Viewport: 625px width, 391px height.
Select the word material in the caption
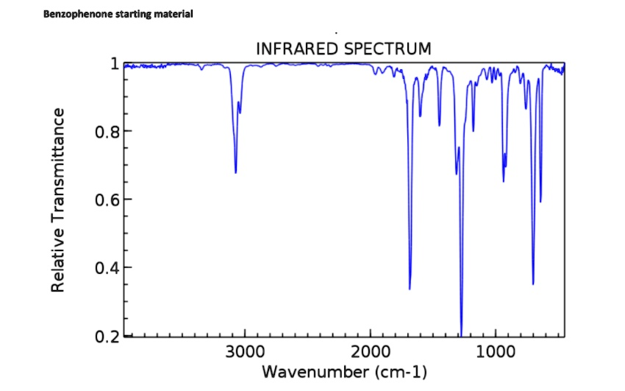(x=172, y=14)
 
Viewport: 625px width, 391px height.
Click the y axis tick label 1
(x=114, y=63)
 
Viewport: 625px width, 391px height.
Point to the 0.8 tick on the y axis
(x=107, y=132)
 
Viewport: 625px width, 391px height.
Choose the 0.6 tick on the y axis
(x=107, y=200)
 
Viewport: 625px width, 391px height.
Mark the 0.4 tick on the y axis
(x=107, y=267)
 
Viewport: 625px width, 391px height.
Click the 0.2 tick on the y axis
(x=107, y=336)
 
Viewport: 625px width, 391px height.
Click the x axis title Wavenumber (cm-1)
(x=344, y=372)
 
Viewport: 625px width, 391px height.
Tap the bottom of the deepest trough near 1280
(x=461, y=334)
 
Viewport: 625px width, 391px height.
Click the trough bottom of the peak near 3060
(x=235, y=172)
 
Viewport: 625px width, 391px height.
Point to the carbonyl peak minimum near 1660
(x=410, y=289)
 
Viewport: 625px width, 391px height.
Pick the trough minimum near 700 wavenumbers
(x=533, y=283)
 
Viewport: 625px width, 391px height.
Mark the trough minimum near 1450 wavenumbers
(x=439, y=125)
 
